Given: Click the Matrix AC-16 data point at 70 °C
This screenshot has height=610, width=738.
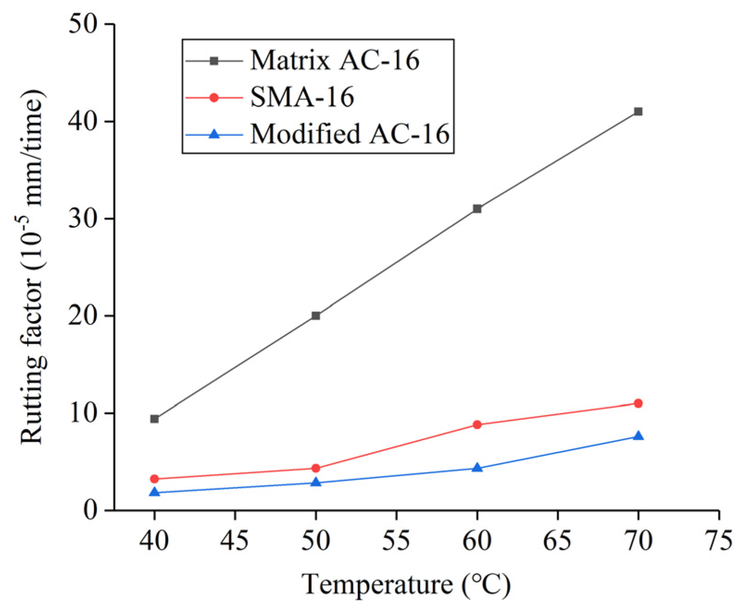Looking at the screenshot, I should click(638, 112).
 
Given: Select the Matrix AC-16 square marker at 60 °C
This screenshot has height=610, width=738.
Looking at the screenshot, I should click(477, 209).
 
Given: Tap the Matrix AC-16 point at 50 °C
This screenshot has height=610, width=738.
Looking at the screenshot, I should click(315, 316).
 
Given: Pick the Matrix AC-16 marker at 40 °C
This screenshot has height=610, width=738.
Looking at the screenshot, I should click(154, 419).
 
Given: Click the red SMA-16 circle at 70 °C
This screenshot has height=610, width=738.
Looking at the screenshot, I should click(638, 403).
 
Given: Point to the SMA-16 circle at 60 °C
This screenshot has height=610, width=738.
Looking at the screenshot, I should click(477, 425).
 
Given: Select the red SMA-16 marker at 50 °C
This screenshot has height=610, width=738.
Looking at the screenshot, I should click(315, 468).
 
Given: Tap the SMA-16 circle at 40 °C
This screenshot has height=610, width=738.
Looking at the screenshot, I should click(154, 479).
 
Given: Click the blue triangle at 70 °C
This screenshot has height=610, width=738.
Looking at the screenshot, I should click(638, 436).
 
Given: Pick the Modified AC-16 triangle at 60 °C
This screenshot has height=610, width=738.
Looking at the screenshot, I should click(477, 468).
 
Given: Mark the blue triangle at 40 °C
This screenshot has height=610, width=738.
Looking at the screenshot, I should click(154, 492).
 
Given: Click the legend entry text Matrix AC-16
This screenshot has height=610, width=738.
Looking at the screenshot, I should click(334, 60).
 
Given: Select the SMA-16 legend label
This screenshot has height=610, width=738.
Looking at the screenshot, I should click(302, 97).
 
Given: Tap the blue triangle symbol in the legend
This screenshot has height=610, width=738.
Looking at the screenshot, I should click(214, 134).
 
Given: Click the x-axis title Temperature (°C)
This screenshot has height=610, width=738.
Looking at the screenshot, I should click(406, 585).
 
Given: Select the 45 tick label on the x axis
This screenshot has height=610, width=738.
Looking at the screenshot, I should click(235, 541).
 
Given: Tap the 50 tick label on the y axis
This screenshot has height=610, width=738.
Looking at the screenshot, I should click(83, 24).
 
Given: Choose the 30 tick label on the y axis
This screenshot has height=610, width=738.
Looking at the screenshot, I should click(83, 219).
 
